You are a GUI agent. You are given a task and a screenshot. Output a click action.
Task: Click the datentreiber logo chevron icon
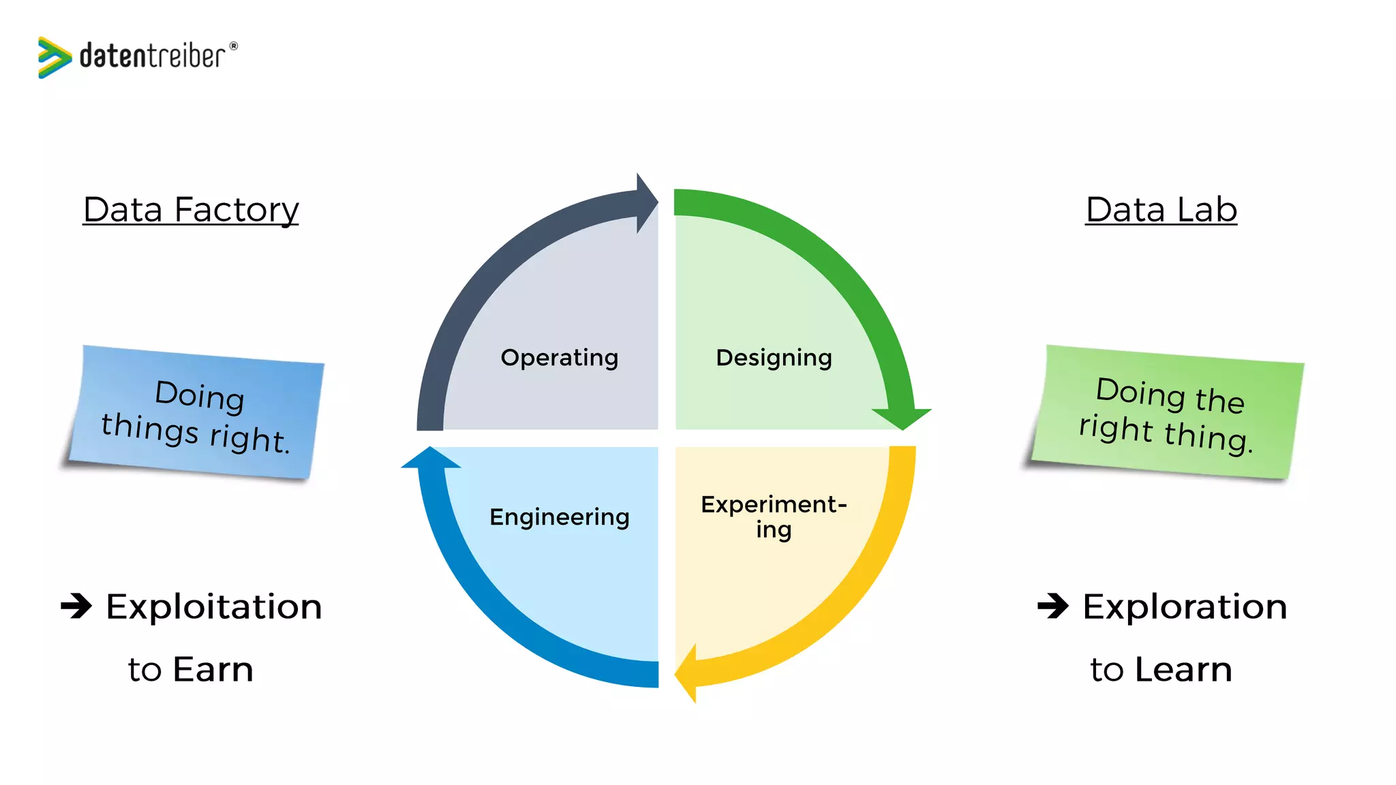tap(54, 57)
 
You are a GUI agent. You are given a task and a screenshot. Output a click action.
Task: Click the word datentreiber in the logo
tap(152, 56)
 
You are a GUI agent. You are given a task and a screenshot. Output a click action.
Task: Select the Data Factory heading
tap(191, 209)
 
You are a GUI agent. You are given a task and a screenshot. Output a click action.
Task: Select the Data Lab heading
tap(1161, 209)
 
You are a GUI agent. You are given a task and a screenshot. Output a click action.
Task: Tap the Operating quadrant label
tap(560, 357)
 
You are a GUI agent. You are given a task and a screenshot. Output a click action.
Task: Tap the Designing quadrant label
tap(774, 357)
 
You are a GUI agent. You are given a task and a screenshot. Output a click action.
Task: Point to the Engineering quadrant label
tap(560, 517)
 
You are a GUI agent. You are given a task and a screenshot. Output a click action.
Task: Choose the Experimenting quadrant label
tap(774, 517)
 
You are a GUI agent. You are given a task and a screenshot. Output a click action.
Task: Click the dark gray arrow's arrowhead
tap(646, 202)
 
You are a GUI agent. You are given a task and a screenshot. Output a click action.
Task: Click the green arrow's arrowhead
tap(902, 417)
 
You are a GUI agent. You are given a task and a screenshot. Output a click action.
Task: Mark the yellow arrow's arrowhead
tap(687, 673)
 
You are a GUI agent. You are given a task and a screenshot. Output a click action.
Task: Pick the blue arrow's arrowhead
tap(431, 459)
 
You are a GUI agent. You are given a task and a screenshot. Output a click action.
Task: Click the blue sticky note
tap(196, 413)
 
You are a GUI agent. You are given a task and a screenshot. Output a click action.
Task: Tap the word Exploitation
tap(214, 606)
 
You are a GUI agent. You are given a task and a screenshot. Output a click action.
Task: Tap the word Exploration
tap(1185, 606)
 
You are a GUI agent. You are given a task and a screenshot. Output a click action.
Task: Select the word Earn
tap(213, 669)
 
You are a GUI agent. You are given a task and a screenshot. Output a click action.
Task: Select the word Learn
tap(1183, 669)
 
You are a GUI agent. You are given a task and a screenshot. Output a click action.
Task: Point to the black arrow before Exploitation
tap(76, 605)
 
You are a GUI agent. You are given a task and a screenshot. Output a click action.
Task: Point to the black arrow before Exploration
tap(1053, 605)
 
